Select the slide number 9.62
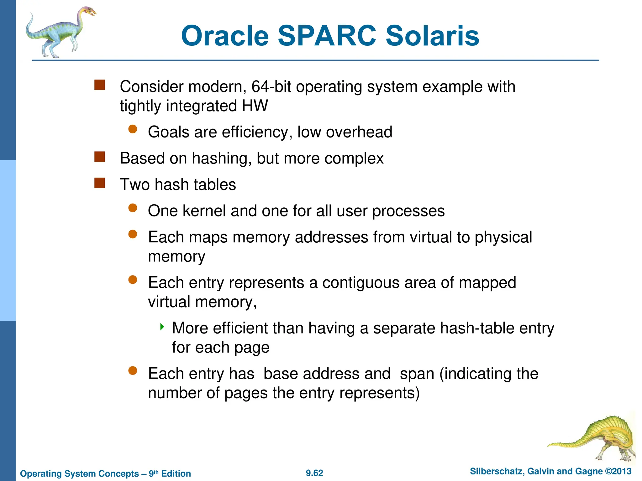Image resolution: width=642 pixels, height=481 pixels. (314, 473)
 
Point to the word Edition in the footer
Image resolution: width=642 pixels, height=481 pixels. (176, 473)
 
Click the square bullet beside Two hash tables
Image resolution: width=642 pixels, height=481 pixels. (100, 183)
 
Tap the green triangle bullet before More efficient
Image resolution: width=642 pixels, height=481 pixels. (162, 327)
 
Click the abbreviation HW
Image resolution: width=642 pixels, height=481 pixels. (255, 106)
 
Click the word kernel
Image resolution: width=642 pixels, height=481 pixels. (204, 211)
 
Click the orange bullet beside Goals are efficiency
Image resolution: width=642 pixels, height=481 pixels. (133, 129)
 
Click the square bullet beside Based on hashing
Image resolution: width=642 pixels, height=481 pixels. (100, 157)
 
